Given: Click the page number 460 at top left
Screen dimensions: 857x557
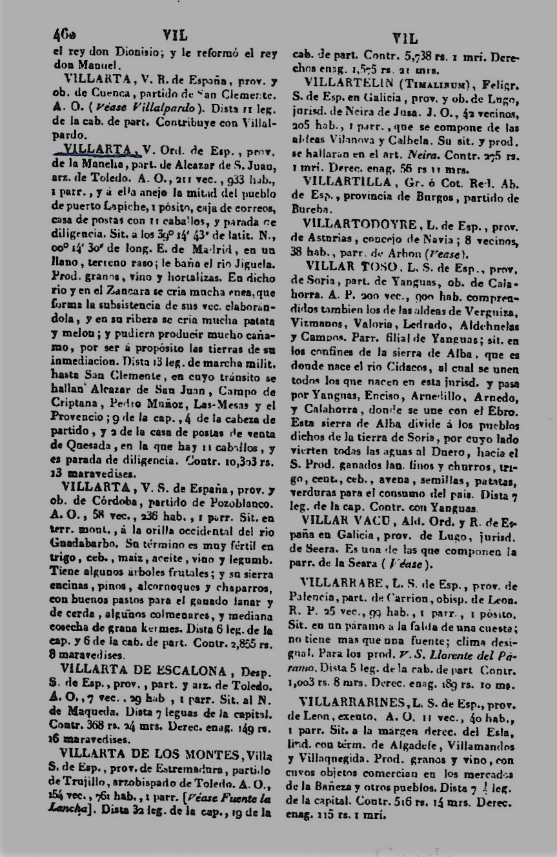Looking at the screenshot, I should point(65,35).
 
